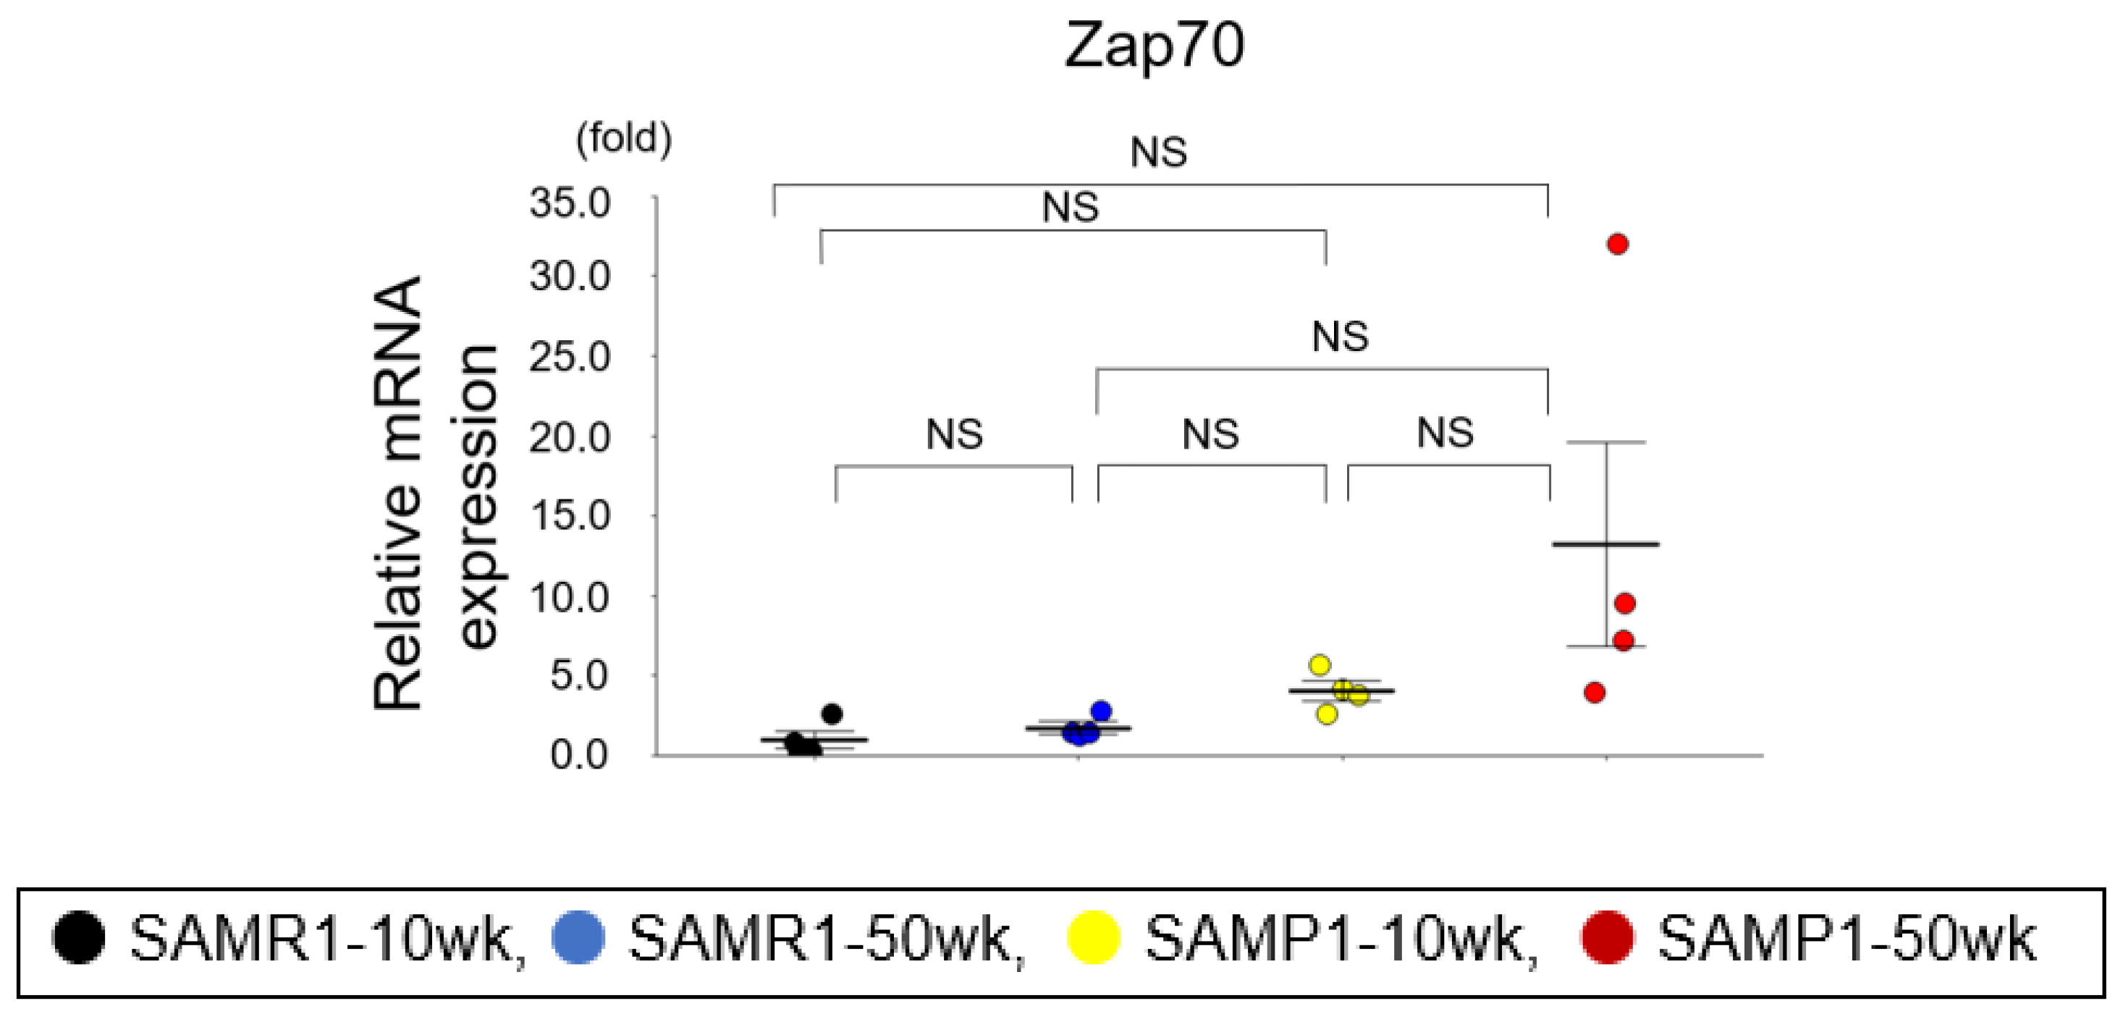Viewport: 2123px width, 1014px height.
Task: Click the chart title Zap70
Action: (1154, 46)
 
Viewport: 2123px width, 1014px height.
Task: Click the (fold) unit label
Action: (624, 138)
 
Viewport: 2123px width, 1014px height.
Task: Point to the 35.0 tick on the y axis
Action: (570, 203)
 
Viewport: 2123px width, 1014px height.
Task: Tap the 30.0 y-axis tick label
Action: (570, 277)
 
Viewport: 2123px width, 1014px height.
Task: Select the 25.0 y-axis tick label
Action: (570, 357)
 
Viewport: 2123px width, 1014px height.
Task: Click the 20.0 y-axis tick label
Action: (570, 437)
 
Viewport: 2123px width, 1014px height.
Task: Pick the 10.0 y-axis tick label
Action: (570, 597)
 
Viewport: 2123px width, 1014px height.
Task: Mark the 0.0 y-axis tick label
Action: (579, 754)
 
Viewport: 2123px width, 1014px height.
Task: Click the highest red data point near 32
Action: (1617, 244)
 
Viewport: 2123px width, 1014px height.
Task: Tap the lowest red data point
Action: (1595, 693)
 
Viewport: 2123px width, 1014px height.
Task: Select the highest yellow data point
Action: (1320, 664)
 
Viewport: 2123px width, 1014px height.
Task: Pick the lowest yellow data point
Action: (1327, 714)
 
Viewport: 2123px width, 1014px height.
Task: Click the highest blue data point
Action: (1101, 711)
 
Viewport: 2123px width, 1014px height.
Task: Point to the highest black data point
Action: (832, 713)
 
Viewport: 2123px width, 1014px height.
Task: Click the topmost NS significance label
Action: (1158, 153)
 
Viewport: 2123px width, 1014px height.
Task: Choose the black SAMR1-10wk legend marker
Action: (79, 937)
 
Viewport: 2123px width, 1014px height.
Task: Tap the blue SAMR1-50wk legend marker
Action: (578, 937)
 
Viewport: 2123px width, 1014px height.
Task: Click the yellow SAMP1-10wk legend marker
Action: (1093, 937)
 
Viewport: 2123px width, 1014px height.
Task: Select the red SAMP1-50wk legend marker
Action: (1606, 937)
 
